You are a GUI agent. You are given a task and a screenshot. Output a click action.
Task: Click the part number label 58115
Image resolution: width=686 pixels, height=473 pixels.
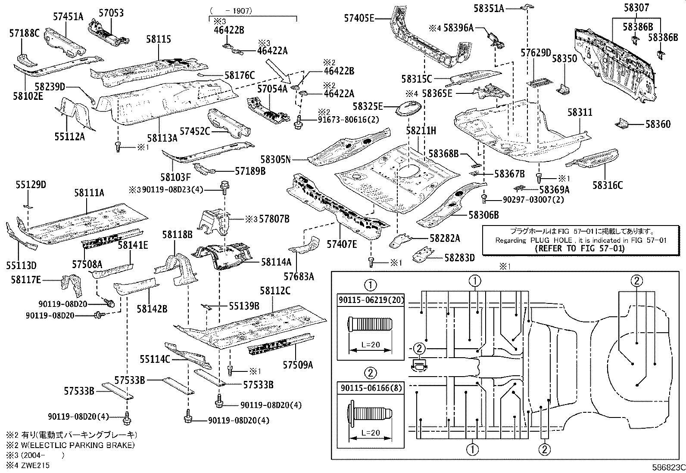click(158, 39)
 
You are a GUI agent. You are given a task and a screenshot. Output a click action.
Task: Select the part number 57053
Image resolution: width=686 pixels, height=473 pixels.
click(111, 13)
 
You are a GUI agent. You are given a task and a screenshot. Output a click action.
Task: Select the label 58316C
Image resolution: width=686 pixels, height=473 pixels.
click(608, 185)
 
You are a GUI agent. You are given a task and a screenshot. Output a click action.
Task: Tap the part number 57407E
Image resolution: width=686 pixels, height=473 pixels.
click(342, 244)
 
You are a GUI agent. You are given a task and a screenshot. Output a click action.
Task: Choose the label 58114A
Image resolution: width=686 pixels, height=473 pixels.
click(276, 262)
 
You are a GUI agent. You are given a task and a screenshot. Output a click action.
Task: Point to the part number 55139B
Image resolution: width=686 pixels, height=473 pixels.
click(244, 306)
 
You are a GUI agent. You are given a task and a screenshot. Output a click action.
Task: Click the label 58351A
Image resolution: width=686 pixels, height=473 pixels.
click(489, 8)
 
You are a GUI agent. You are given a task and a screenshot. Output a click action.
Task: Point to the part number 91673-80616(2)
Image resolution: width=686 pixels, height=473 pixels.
click(343, 120)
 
